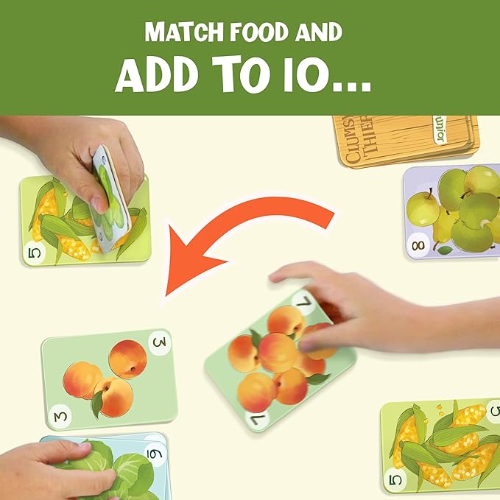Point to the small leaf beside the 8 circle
click(x=444, y=250)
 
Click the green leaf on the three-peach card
click(x=97, y=402)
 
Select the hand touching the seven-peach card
click(x=346, y=306)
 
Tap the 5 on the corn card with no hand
click(x=395, y=479)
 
